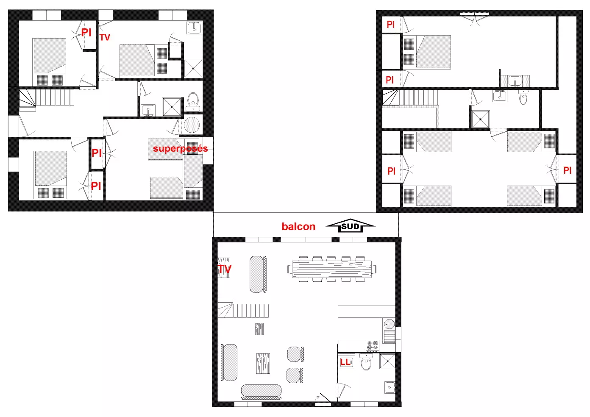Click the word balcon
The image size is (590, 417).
298,227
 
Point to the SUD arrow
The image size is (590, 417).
350,225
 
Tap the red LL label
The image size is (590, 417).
345,362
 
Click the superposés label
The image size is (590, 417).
180,149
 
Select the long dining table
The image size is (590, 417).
332,269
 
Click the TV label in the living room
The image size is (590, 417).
224,269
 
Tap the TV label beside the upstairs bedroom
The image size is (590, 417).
105,37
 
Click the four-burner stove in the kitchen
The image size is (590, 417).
373,346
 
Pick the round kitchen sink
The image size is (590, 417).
389,324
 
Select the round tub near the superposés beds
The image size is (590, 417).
192,125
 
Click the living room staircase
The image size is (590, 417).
243,309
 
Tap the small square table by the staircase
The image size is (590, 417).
259,329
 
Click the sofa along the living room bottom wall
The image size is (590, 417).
261,392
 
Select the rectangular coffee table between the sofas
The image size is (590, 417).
263,364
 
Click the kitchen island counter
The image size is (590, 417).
366,311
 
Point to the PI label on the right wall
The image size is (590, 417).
568,170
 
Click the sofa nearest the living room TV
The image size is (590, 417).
258,274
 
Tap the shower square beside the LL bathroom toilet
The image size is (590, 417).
387,361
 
